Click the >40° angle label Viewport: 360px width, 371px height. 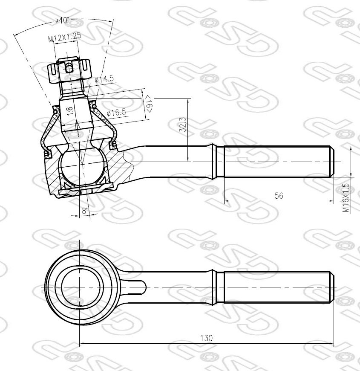[62, 20]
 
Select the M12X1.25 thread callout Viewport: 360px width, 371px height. [64, 38]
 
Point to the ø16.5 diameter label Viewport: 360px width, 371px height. [116, 113]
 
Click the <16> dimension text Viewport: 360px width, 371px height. [149, 103]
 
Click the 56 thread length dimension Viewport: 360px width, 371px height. [279, 196]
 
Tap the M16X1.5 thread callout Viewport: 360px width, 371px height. [346, 198]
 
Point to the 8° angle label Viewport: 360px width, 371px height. [85, 211]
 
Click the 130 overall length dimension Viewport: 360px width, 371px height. [206, 338]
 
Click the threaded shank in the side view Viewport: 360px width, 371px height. [277, 162]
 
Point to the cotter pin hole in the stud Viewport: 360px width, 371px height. [69, 67]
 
